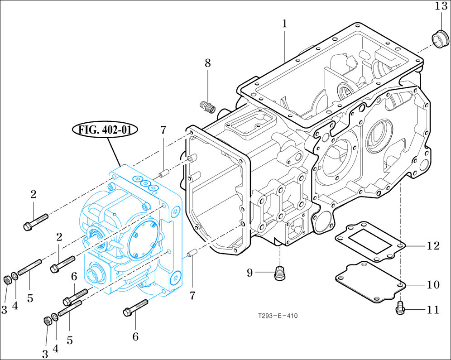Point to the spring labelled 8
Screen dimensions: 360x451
tap(207, 107)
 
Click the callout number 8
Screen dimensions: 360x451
tap(208, 63)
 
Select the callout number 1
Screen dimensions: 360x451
tap(284, 24)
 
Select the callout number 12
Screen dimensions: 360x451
tap(433, 246)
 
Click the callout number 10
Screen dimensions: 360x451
tap(433, 285)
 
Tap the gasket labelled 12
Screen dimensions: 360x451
tap(369, 240)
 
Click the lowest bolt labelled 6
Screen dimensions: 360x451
tap(135, 308)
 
